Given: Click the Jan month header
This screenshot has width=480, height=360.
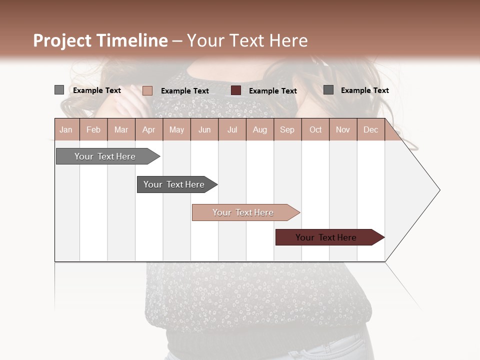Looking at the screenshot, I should click(66, 129).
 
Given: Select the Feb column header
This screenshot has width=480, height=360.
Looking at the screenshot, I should click(93, 129).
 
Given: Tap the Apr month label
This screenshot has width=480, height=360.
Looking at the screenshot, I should click(148, 129).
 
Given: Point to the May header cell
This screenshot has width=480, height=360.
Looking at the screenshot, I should click(176, 129).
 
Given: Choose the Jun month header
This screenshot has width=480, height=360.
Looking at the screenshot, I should click(204, 129).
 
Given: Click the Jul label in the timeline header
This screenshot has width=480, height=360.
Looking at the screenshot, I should click(232, 129).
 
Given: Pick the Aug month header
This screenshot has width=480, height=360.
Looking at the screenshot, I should click(260, 129).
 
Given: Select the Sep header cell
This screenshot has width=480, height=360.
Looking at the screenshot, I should click(287, 129).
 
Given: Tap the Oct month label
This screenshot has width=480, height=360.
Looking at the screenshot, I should click(315, 129).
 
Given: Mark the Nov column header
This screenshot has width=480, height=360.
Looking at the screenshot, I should click(343, 129).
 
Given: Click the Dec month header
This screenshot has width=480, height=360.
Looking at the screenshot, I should click(370, 129).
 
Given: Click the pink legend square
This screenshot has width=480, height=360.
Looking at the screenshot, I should click(147, 90).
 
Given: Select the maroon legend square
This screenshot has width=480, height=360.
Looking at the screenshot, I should click(236, 90).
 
